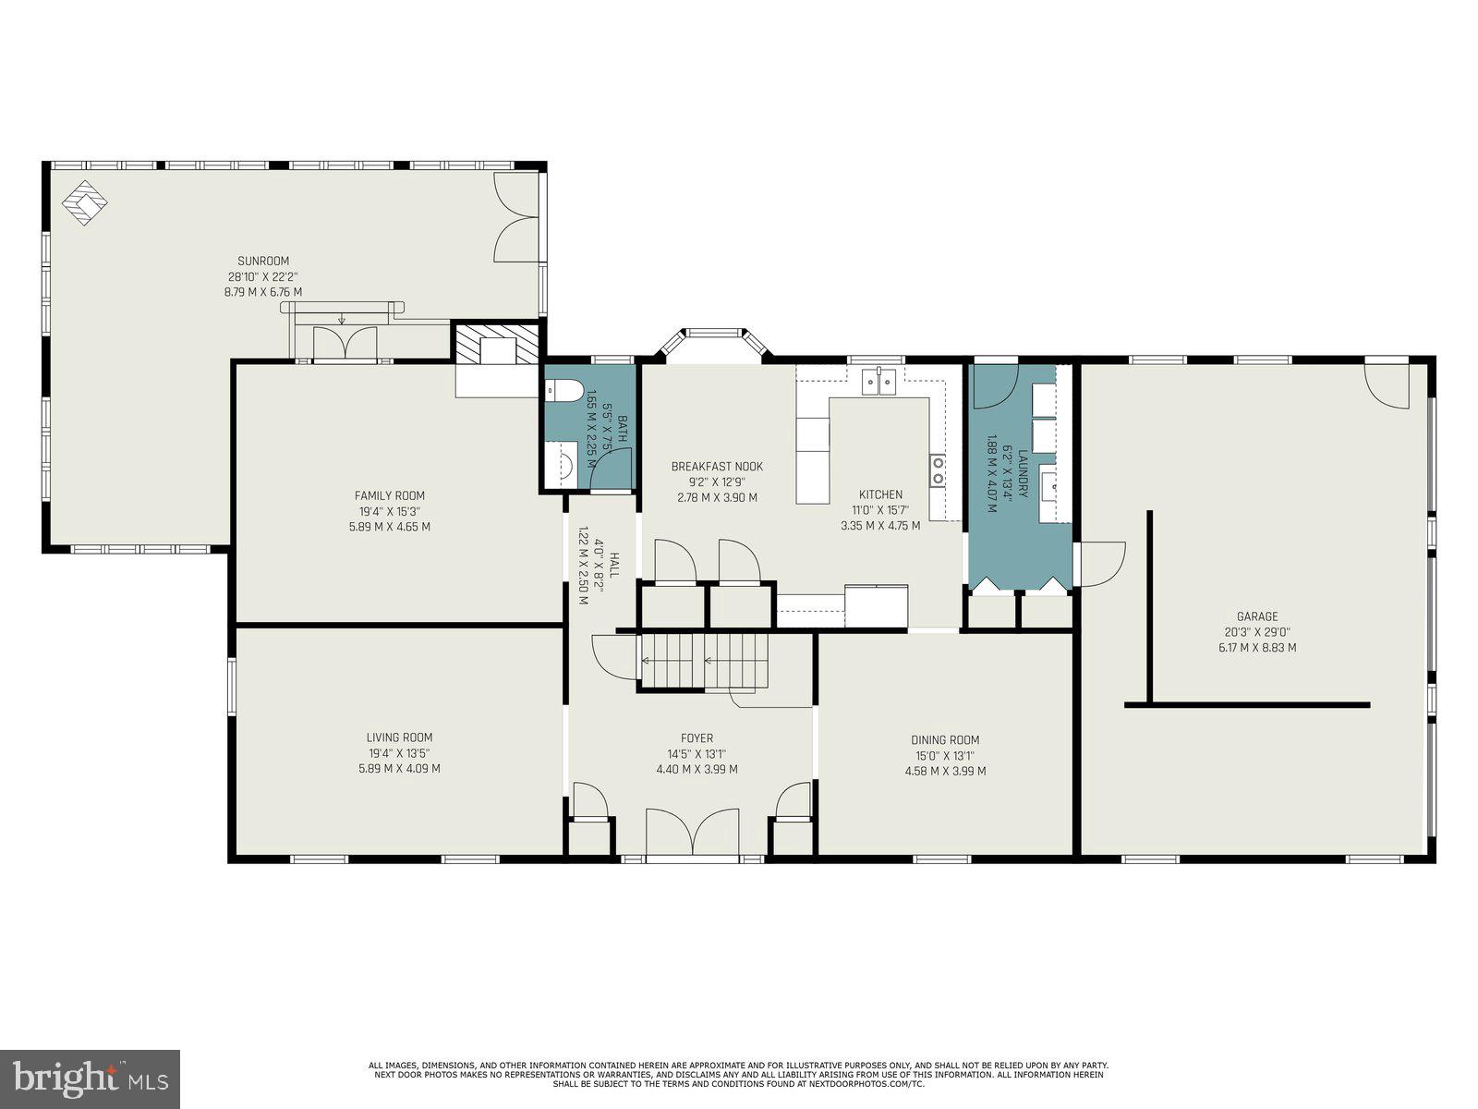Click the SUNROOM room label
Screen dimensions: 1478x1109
263,261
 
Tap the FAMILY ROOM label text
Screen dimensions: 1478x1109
390,495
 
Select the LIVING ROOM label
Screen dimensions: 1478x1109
399,737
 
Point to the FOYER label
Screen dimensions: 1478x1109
697,738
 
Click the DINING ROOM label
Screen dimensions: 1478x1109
945,740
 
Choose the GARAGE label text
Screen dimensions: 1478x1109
1257,616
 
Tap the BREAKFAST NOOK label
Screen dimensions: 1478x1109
717,466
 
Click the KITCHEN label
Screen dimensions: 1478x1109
880,494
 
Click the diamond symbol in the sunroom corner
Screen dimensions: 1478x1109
85,202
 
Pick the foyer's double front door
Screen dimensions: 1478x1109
692,833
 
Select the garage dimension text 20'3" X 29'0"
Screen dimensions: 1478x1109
1257,632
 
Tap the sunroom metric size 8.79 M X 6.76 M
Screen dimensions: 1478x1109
263,292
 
